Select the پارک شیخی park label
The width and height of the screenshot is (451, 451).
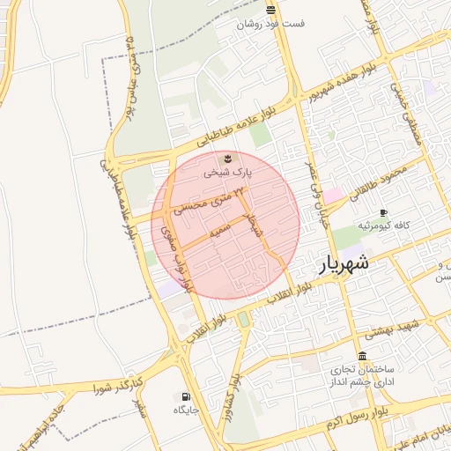[228, 173]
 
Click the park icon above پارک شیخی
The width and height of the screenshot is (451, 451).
[228, 158]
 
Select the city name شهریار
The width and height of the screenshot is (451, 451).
[341, 263]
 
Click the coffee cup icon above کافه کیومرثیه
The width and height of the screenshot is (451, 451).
[383, 212]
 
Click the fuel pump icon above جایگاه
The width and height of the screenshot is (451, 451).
[185, 396]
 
